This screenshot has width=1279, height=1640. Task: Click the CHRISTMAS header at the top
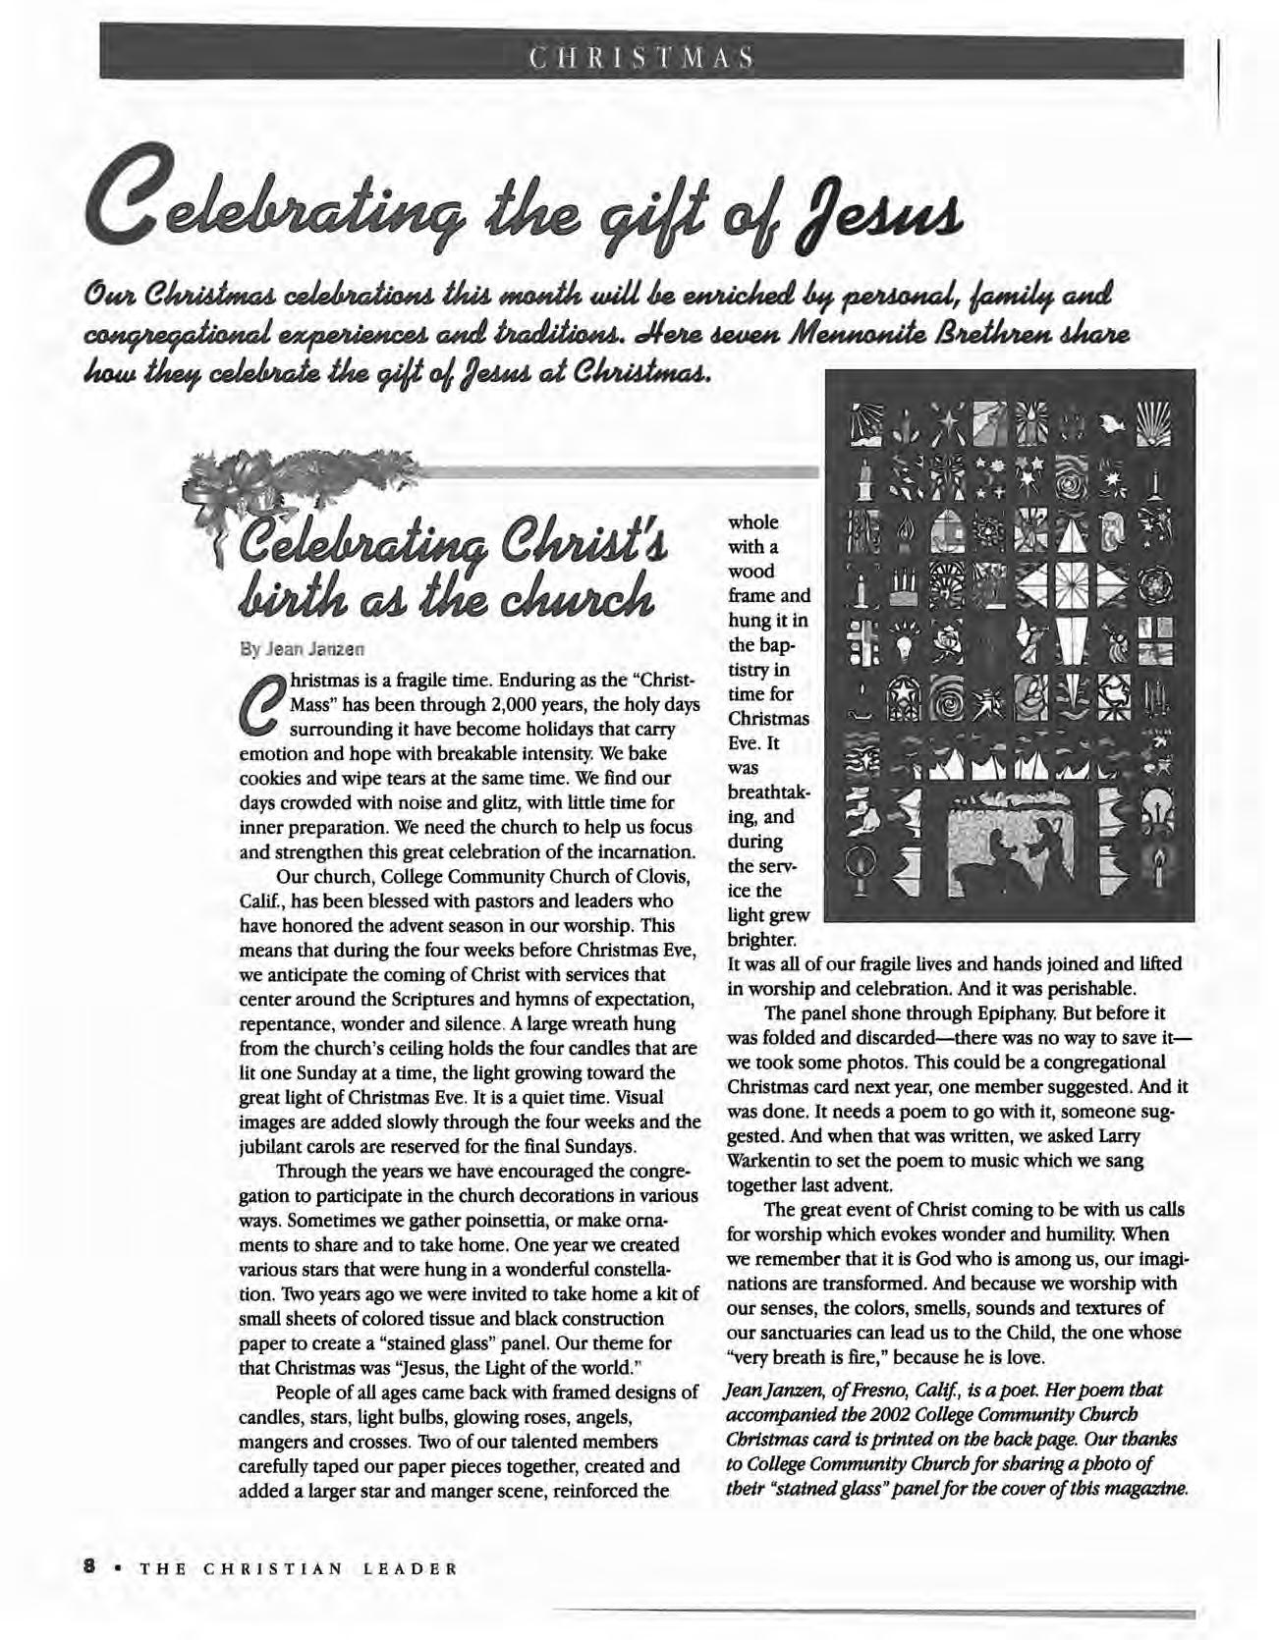pos(639,56)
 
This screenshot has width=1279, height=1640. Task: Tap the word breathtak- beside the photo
pos(769,793)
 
